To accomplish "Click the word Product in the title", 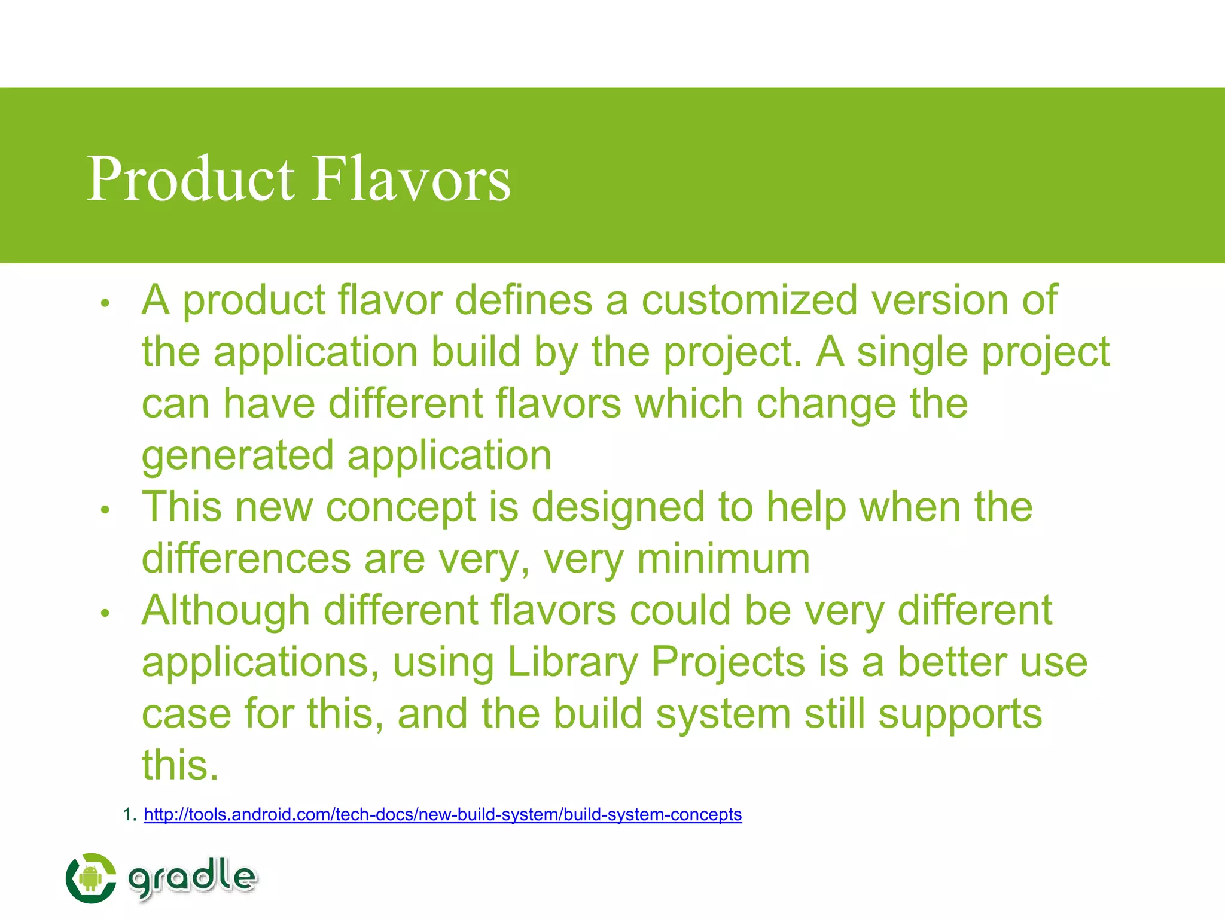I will (x=190, y=178).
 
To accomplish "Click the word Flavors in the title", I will (x=412, y=178).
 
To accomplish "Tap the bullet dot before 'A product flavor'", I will (x=105, y=303).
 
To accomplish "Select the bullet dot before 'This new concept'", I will (x=105, y=510).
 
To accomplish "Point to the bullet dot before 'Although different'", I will (x=105, y=614).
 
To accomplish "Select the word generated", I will (x=237, y=456).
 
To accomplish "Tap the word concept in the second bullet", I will (x=400, y=507).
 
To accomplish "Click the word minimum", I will (x=724, y=559).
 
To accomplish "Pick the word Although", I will (x=226, y=610).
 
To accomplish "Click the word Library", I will (x=572, y=662).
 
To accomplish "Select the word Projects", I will (x=728, y=662).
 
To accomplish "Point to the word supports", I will (x=960, y=714).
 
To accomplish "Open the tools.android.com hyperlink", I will (x=443, y=815).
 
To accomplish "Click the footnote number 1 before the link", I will (x=127, y=815).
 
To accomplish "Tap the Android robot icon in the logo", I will (x=90, y=878).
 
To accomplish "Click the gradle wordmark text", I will (x=193, y=878).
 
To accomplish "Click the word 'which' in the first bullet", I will (x=688, y=403).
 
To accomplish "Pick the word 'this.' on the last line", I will (x=180, y=765).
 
